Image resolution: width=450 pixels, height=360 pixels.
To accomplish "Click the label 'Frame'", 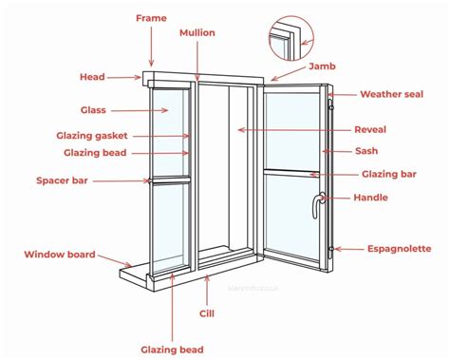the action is [x=151, y=18].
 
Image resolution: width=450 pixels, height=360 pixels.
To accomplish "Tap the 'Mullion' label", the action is [x=197, y=32].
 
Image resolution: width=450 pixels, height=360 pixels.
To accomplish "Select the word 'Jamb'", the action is [x=322, y=66].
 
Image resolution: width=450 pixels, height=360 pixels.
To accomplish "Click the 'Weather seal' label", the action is [x=391, y=94].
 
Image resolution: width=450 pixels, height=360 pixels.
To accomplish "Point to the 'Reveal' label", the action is [x=370, y=129].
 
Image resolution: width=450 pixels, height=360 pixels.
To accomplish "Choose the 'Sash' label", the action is [x=366, y=151].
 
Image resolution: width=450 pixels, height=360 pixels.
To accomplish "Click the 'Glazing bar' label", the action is [x=389, y=174].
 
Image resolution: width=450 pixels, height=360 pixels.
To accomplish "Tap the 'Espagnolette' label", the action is [x=399, y=249].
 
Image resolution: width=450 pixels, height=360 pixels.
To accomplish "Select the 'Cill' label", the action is [x=207, y=313].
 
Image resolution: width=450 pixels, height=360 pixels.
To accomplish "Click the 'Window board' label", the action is [x=60, y=255].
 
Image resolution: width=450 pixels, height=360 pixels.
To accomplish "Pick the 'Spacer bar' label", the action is [x=62, y=180].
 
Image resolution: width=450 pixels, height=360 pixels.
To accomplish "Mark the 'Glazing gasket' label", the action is [x=92, y=136].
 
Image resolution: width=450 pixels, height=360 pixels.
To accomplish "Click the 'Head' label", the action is [x=92, y=77].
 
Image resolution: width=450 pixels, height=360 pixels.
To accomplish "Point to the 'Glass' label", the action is [x=93, y=110].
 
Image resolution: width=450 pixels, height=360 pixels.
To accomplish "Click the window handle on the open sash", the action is [x=317, y=205].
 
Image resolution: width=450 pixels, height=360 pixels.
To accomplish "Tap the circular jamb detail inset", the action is [x=291, y=38].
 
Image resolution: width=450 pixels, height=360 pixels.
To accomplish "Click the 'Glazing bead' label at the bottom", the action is [x=172, y=350].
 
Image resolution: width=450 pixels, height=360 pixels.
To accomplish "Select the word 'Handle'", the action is [x=370, y=198].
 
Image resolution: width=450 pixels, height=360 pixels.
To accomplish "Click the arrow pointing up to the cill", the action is [x=207, y=291].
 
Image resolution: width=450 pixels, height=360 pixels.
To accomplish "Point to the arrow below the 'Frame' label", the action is [x=151, y=47].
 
